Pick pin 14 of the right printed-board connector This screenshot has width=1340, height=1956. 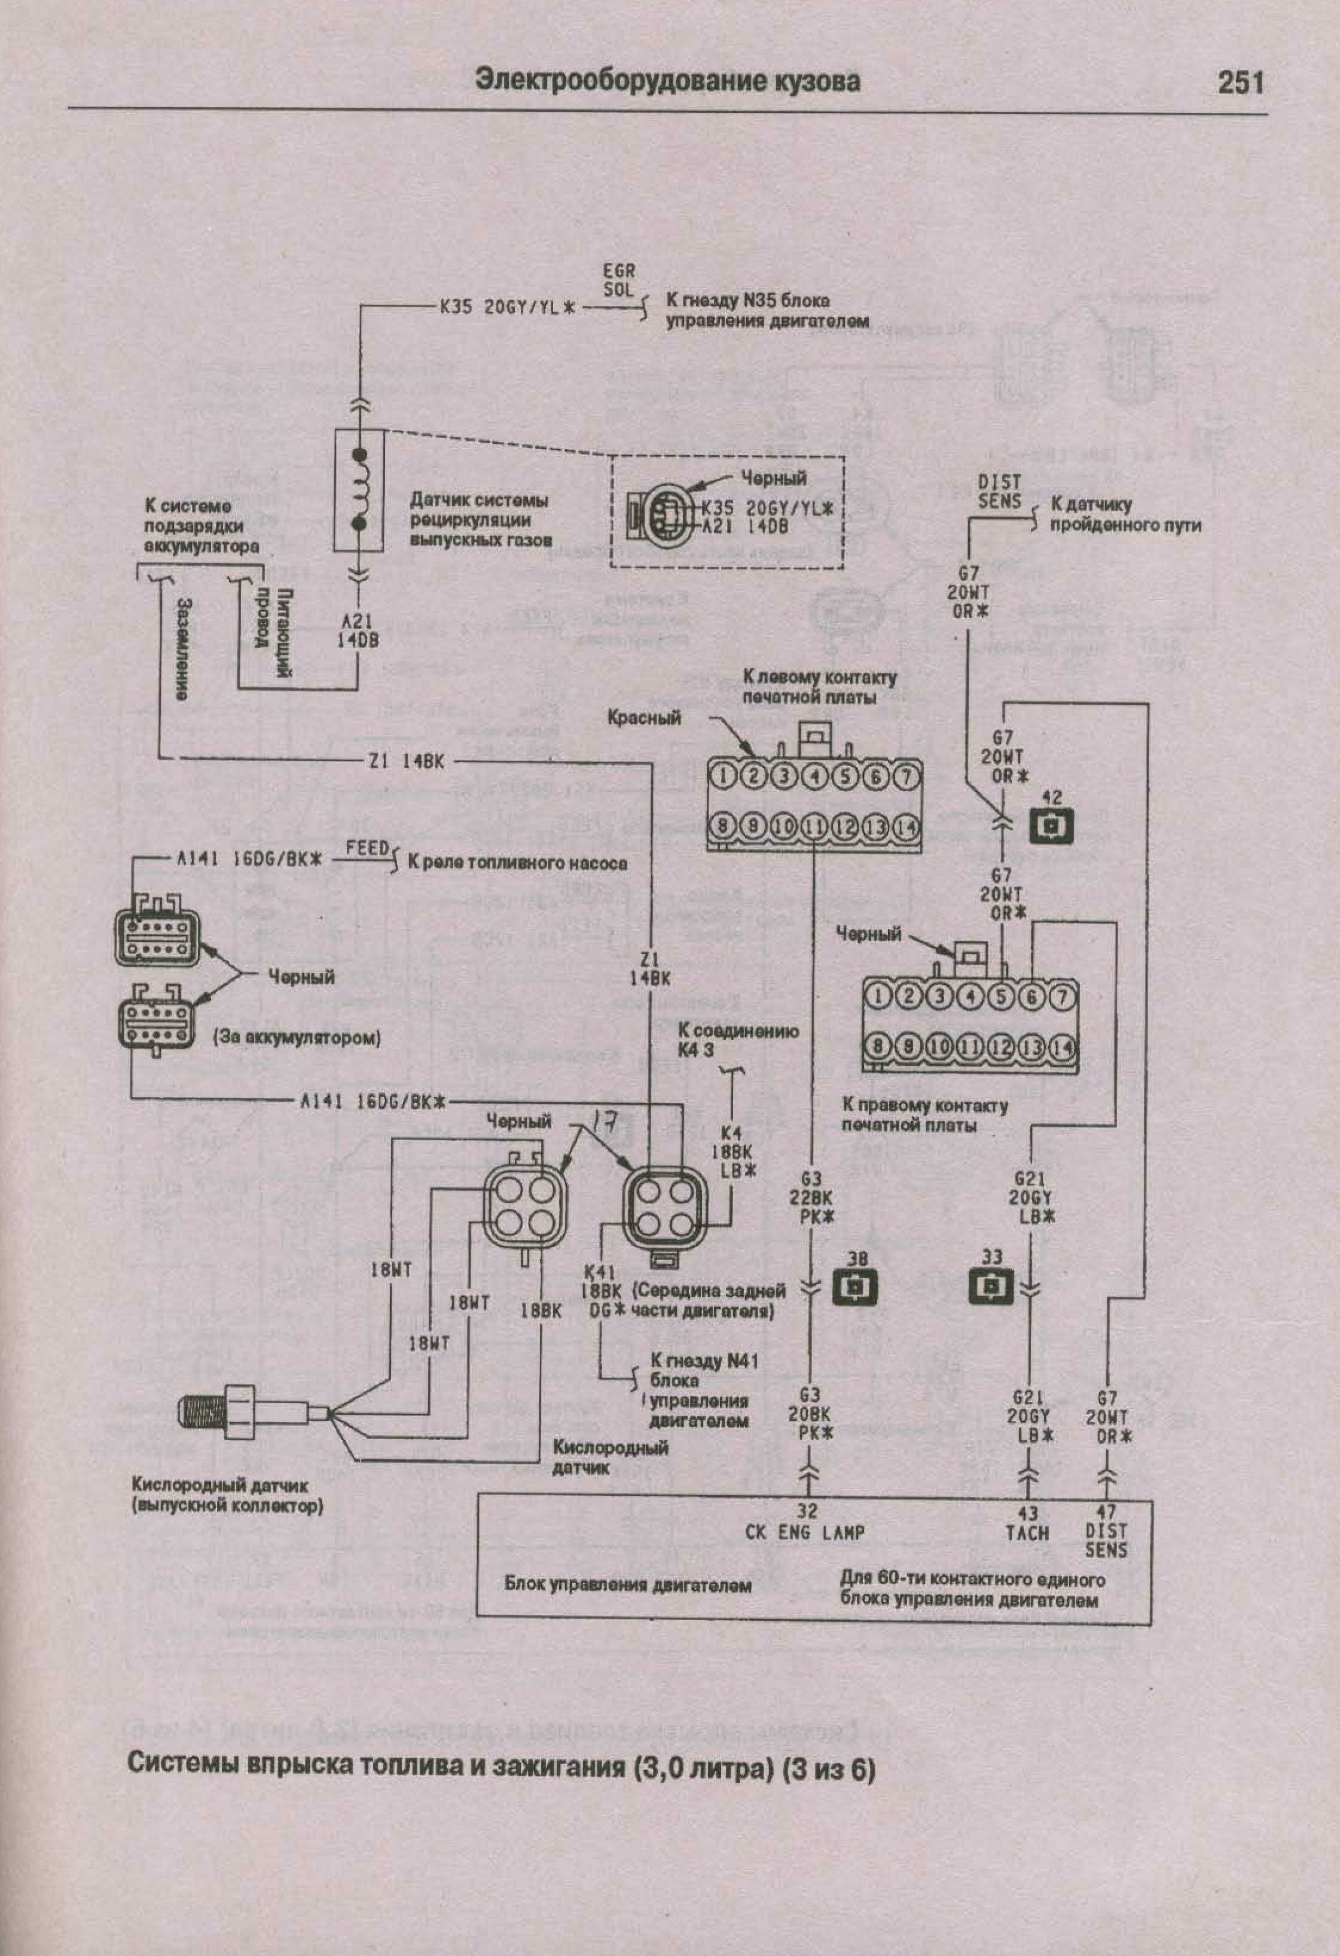pos(1063,1047)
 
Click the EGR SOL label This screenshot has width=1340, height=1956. pos(619,281)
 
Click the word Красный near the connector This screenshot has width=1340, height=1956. pos(644,718)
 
